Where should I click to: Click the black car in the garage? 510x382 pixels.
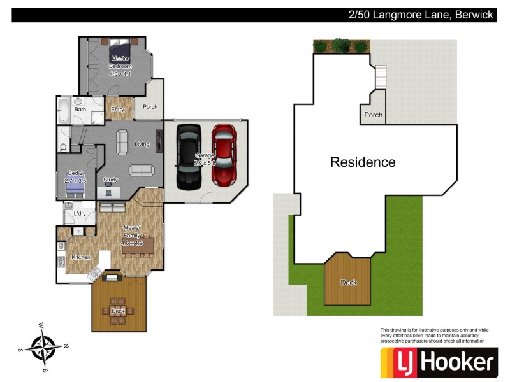click(188, 157)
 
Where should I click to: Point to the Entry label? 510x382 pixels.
click(117, 110)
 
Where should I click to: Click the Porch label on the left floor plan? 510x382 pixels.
click(150, 107)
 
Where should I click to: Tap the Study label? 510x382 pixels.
click(110, 180)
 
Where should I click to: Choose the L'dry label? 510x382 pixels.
click(80, 214)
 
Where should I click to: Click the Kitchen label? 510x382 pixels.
click(80, 257)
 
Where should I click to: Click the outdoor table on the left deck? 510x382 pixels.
click(119, 311)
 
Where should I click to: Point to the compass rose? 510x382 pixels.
click(43, 346)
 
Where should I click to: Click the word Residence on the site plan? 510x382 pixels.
click(363, 162)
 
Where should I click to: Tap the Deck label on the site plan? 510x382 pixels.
click(349, 282)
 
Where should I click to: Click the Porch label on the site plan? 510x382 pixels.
click(373, 115)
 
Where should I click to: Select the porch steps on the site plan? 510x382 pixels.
click(380, 78)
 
